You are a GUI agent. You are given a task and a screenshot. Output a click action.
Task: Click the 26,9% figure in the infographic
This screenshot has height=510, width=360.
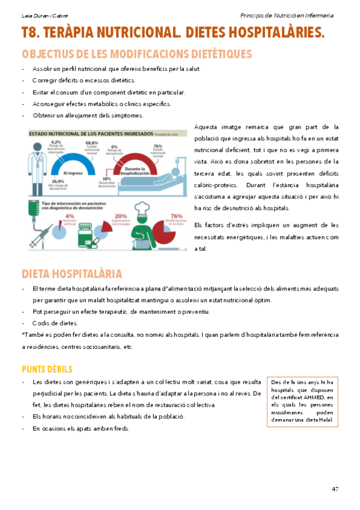pyautogui.click(x=58, y=181)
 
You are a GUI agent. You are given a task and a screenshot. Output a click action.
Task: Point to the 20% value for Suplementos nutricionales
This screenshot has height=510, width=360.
pyautogui.click(x=121, y=216)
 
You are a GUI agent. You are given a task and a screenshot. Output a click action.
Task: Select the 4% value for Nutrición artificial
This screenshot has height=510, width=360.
pyautogui.click(x=70, y=216)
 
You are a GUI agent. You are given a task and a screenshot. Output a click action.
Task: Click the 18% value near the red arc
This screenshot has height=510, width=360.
pyautogui.click(x=106, y=179)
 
